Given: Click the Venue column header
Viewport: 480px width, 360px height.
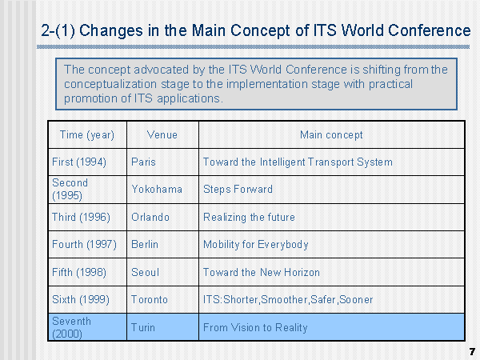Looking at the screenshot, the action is (162, 134).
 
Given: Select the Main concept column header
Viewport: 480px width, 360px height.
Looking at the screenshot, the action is (331, 134).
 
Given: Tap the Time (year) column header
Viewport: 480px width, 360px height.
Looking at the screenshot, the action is (87, 135).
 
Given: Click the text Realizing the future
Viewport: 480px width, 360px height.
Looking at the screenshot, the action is (249, 217).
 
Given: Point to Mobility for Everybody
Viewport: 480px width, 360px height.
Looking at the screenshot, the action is (256, 244).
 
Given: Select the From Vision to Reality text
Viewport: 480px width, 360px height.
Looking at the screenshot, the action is (255, 327).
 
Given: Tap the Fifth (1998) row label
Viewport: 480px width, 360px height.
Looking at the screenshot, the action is (79, 272).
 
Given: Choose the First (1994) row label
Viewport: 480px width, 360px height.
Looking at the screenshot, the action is (79, 162).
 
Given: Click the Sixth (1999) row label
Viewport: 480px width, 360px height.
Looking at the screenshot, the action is (81, 299).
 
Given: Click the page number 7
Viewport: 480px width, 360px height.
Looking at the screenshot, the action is (472, 352).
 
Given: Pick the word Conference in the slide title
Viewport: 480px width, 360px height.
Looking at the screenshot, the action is (429, 30).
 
